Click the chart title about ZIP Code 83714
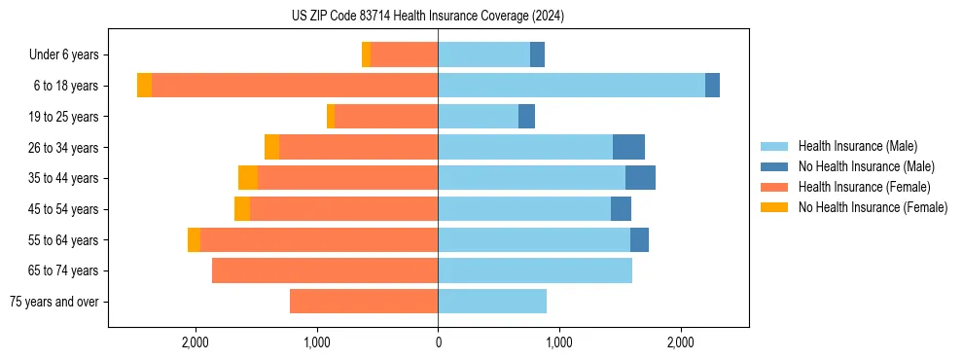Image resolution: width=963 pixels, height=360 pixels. (x=427, y=17)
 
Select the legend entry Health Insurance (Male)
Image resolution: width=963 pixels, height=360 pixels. (x=857, y=146)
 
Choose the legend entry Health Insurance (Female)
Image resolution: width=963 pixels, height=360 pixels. (x=864, y=187)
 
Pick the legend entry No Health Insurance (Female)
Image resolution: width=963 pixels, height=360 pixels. (x=873, y=207)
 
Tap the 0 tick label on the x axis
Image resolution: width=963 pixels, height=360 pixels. (x=438, y=342)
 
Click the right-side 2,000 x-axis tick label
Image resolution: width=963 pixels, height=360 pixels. (x=680, y=342)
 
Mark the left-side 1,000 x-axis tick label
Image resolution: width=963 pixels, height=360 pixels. (x=317, y=342)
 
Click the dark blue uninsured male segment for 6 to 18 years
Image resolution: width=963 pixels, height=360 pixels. (x=712, y=86)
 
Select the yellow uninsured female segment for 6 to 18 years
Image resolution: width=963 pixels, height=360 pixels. (x=144, y=86)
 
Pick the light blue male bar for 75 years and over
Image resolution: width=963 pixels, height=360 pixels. (x=492, y=302)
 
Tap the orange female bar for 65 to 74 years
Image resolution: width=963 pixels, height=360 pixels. (x=325, y=270)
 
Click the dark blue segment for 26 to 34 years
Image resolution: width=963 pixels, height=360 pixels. (x=628, y=147)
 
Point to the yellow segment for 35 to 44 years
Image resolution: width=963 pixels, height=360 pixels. (x=248, y=178)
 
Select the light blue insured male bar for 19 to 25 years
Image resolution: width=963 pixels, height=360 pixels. (x=478, y=117)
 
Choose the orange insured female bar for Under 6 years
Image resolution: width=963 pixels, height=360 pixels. (x=404, y=55)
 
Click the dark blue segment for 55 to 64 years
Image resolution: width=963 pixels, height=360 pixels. (x=639, y=240)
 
